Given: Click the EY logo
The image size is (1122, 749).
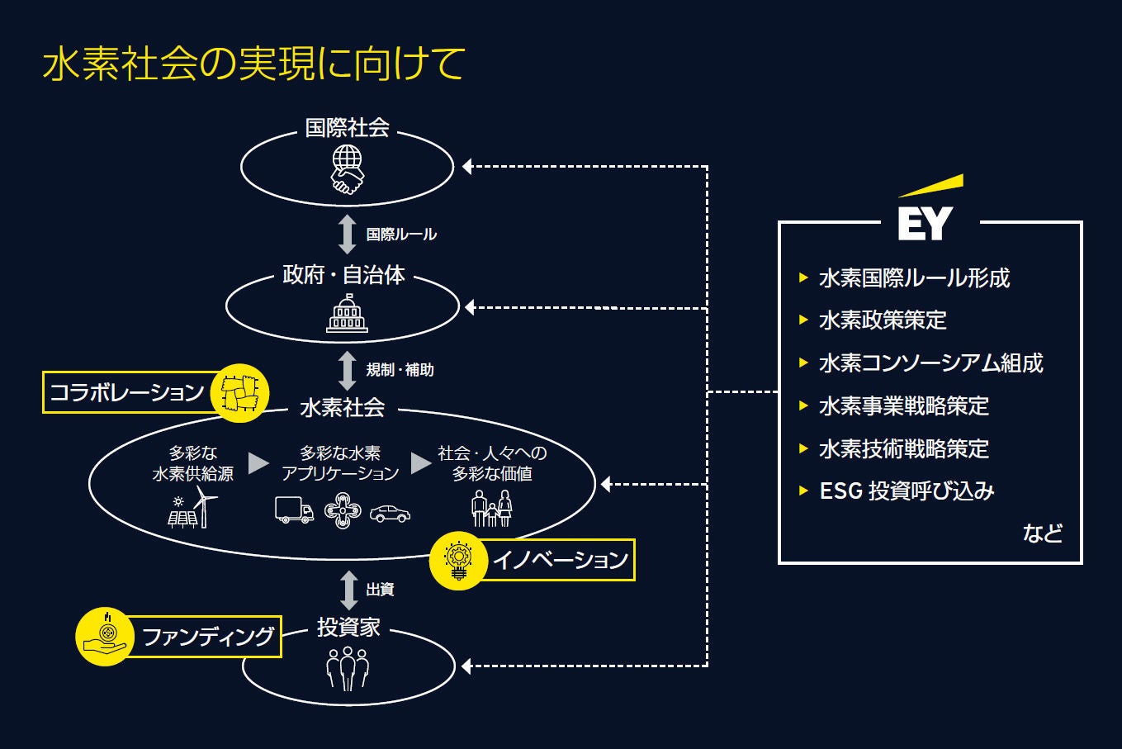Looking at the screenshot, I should pyautogui.click(x=926, y=211).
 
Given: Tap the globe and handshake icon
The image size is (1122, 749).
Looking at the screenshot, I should pyautogui.click(x=347, y=169).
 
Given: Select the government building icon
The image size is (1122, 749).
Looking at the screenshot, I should pyautogui.click(x=347, y=314).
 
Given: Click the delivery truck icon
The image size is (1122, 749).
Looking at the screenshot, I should pyautogui.click(x=294, y=511).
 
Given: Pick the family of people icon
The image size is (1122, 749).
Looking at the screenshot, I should pyautogui.click(x=492, y=509).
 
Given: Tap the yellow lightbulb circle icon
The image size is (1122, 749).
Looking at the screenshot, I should pyautogui.click(x=457, y=561).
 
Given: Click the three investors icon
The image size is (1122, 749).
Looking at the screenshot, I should pyautogui.click(x=348, y=667).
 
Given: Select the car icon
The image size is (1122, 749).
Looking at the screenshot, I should pyautogui.click(x=390, y=514).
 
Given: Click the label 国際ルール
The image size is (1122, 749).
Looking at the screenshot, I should pyautogui.click(x=401, y=235).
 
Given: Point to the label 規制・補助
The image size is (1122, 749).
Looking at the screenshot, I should pyautogui.click(x=400, y=370).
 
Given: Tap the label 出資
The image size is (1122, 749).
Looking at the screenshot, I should pyautogui.click(x=380, y=590).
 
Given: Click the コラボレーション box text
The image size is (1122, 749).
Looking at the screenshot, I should pyautogui.click(x=126, y=392).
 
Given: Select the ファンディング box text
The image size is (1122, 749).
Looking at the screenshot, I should pyautogui.click(x=208, y=637).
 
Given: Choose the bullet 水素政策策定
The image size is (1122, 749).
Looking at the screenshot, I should pyautogui.click(x=883, y=320).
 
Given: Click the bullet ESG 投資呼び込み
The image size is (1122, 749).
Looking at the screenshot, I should pyautogui.click(x=907, y=491).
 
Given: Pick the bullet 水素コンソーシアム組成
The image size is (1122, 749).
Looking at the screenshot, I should pyautogui.click(x=930, y=363).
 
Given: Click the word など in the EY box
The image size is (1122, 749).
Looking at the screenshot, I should pyautogui.click(x=1042, y=533).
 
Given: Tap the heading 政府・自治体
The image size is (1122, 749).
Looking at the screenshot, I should pyautogui.click(x=343, y=275).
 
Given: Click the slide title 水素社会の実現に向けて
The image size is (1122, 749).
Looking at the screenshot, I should pyautogui.click(x=253, y=64).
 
